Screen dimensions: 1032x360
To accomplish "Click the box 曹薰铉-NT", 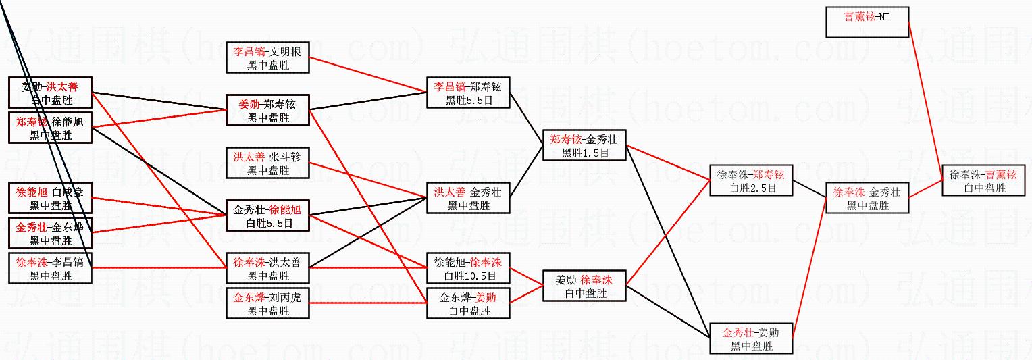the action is (867, 22).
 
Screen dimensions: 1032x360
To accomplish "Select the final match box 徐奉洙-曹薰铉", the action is (983, 180).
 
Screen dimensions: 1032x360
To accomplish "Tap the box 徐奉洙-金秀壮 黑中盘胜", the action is (867, 199).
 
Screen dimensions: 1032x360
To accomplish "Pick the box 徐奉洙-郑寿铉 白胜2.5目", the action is (751, 181).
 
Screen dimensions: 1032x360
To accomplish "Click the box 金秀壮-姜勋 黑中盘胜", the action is (751, 339).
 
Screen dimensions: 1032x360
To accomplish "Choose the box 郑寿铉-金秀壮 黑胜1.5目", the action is (585, 146).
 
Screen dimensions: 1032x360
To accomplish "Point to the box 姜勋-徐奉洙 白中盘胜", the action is (585, 286).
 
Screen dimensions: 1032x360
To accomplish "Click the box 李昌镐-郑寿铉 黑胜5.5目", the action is (468, 93).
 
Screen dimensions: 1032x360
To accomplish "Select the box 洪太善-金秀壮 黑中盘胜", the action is (468, 199).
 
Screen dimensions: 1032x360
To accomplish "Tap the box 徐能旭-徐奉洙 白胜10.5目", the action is (468, 269).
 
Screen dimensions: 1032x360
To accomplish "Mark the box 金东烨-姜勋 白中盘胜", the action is (468, 304).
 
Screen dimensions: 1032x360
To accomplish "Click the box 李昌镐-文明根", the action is (268, 58).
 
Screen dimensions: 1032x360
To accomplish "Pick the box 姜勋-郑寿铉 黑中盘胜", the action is (268, 111).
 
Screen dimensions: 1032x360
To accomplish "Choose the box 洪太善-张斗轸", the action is (268, 163).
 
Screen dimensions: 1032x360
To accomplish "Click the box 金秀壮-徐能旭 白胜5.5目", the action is (268, 216).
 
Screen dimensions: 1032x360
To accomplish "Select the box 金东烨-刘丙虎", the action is (268, 304).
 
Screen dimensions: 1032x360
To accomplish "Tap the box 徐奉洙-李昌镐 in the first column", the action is (50, 269).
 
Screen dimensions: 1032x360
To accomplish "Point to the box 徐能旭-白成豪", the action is (50, 199).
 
